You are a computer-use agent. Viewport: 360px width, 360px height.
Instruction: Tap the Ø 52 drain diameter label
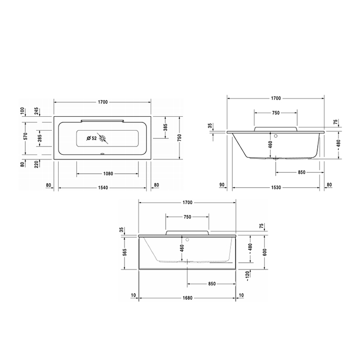coord(92,138)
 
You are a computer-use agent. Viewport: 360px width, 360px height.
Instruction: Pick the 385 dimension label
coord(166,128)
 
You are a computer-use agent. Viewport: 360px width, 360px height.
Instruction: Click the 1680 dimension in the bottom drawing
coord(187,298)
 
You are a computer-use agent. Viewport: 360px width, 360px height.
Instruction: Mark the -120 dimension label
coord(248,276)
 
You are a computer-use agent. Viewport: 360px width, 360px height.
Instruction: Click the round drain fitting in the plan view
coord(104,138)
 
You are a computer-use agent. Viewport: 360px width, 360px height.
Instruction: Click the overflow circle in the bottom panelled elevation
coord(188,239)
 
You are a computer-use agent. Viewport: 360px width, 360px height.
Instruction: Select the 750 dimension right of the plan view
coord(180,137)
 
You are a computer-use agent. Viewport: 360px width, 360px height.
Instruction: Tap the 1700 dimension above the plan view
coord(102,102)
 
